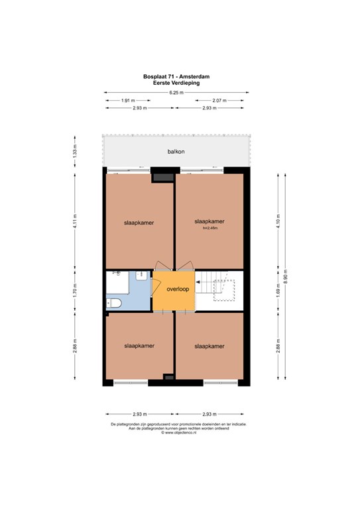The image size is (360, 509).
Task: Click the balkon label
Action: pos(176,152)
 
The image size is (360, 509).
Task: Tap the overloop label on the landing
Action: pos(178,289)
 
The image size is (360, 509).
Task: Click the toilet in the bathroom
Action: pos(114,303)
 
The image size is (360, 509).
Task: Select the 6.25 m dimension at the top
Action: pos(176,93)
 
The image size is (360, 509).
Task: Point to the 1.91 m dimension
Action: pos(128,101)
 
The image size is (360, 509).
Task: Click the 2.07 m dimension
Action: pos(219,101)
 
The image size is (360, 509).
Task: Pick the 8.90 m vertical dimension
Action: pos(285,276)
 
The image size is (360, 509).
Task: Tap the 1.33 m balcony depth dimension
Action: pos(75,151)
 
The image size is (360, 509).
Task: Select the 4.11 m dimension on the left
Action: pos(75,221)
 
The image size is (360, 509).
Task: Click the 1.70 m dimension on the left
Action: pos(75,291)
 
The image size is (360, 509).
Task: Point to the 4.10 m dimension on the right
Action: pos(278,221)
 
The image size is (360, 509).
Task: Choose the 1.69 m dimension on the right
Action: pos(278,291)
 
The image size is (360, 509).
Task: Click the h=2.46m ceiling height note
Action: pos(210,228)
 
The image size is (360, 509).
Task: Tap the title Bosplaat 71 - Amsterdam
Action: pos(176,77)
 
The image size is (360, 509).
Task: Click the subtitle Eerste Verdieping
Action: pos(176,83)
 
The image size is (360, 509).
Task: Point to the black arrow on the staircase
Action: pos(198,282)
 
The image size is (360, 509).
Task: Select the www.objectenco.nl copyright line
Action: pos(178,432)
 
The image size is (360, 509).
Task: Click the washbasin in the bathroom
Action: pos(141,276)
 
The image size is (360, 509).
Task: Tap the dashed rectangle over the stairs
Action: pos(224,291)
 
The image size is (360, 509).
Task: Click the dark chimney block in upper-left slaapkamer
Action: pos(163,178)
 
